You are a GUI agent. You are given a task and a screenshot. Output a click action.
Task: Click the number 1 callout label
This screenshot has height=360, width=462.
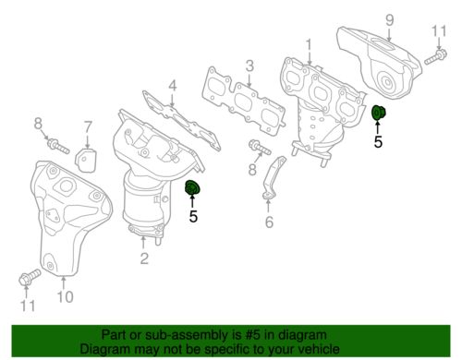click(310, 44)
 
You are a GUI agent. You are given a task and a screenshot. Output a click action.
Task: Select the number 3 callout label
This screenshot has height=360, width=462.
click(249, 65)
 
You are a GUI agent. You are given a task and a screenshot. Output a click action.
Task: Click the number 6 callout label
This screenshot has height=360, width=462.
click(269, 222)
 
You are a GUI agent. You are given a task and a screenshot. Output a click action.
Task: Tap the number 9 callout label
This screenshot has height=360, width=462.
click(389, 18)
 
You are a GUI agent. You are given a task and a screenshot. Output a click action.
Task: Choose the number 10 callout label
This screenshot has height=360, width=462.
click(64, 296)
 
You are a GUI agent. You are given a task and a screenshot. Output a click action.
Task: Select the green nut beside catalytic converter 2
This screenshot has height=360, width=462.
click(193, 190)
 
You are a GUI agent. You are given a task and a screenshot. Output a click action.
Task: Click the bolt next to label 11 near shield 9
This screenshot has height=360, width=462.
click(433, 61)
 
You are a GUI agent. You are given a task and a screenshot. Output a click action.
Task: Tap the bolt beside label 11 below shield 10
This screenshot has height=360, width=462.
click(28, 275)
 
